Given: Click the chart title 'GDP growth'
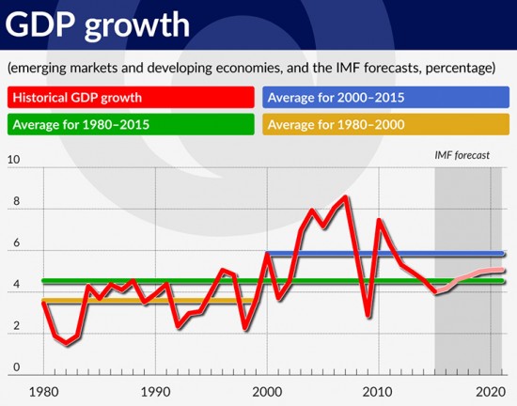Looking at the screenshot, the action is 98,25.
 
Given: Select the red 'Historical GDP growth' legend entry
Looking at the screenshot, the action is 131,97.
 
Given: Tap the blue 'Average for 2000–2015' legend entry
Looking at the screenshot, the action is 385,97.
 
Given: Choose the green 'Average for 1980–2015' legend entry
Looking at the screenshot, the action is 131,124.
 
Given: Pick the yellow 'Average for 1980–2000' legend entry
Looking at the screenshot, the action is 385,124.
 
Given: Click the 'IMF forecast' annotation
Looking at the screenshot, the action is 462,155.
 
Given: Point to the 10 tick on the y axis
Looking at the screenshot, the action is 13,160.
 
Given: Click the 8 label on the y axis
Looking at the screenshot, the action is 17,201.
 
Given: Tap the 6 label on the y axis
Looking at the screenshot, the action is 17,242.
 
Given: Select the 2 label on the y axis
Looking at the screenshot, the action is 17,325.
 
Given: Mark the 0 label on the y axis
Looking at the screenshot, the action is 17,367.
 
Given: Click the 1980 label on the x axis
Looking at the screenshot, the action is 44,392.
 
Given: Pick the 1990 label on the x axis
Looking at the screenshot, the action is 155,392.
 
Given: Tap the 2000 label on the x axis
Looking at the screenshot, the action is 267,392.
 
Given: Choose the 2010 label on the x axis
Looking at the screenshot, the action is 378,392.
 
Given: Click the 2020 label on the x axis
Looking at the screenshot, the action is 491,392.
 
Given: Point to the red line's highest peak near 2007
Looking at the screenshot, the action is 345,197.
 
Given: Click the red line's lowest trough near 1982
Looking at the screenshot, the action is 67,343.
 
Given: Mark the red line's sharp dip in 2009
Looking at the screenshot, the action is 368,316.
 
